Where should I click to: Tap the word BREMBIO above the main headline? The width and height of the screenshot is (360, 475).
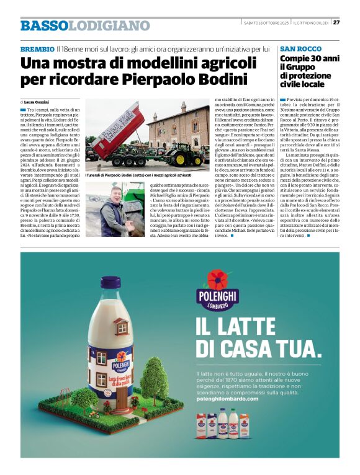pos(37,48)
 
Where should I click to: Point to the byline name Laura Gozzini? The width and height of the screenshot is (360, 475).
pos(37,102)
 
